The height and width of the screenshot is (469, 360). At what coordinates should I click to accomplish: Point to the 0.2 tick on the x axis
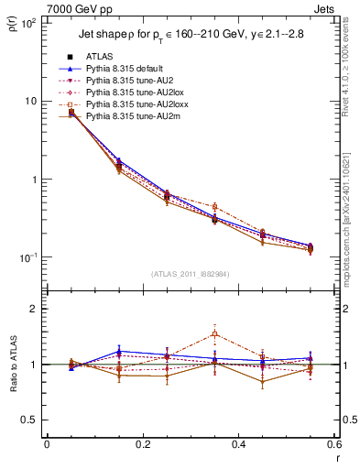pyautogui.click(x=142, y=444)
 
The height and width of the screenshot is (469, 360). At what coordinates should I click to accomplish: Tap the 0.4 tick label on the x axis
pyautogui.click(x=238, y=444)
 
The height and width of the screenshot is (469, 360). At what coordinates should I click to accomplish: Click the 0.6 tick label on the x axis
pyautogui.click(x=333, y=444)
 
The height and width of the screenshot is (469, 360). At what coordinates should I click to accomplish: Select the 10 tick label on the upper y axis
pyautogui.click(x=30, y=101)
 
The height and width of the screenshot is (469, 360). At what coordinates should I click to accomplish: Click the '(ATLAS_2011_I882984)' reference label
pyautogui.click(x=190, y=273)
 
